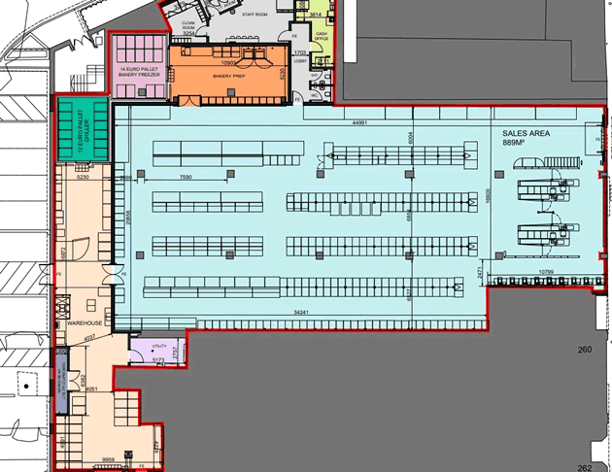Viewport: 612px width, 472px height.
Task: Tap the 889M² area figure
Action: tap(517, 144)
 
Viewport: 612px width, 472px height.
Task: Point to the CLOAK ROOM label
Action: tap(190, 26)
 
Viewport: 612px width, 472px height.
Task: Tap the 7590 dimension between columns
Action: tap(190, 178)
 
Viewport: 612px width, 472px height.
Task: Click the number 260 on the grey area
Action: tap(584, 351)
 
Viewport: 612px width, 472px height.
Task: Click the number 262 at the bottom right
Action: tap(584, 466)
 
